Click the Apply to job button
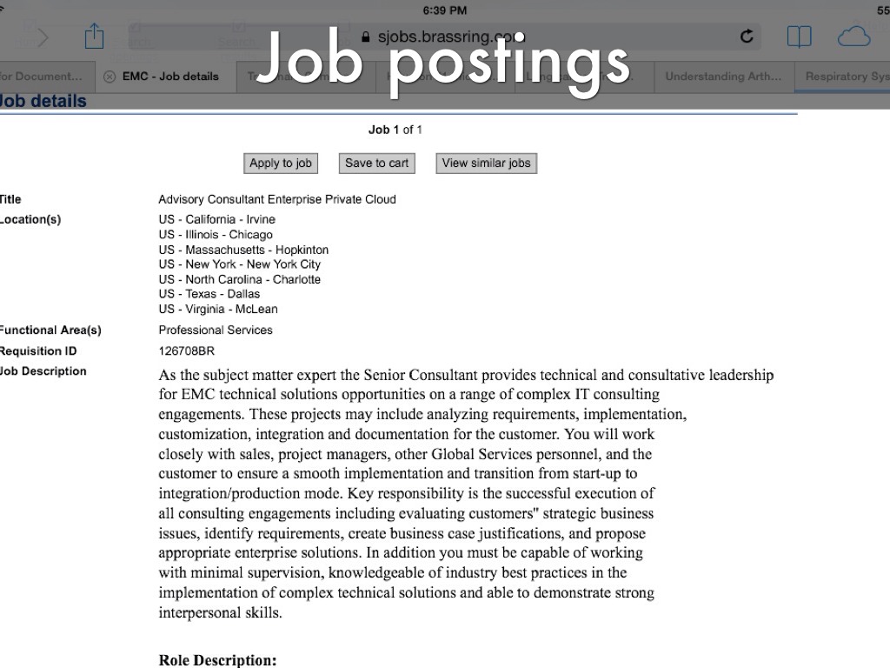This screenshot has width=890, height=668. (280, 163)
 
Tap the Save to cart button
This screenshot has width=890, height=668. (376, 163)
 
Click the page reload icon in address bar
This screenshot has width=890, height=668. (746, 37)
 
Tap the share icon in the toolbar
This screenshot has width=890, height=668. (94, 37)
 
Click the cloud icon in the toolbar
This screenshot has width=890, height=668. (853, 37)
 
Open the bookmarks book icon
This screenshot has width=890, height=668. (799, 37)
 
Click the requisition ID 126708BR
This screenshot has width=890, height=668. (186, 351)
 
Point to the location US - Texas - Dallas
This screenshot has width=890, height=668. (209, 294)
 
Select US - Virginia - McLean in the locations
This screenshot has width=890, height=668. (217, 309)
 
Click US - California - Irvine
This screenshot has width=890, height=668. (216, 219)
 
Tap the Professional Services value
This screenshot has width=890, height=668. (215, 331)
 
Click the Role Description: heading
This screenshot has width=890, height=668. (217, 660)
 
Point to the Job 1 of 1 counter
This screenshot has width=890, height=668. (395, 130)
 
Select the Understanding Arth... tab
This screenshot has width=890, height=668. (723, 77)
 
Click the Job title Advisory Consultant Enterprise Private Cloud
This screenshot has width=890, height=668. (276, 199)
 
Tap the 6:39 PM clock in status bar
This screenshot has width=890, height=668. (444, 10)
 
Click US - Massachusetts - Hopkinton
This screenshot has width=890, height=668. (243, 250)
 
